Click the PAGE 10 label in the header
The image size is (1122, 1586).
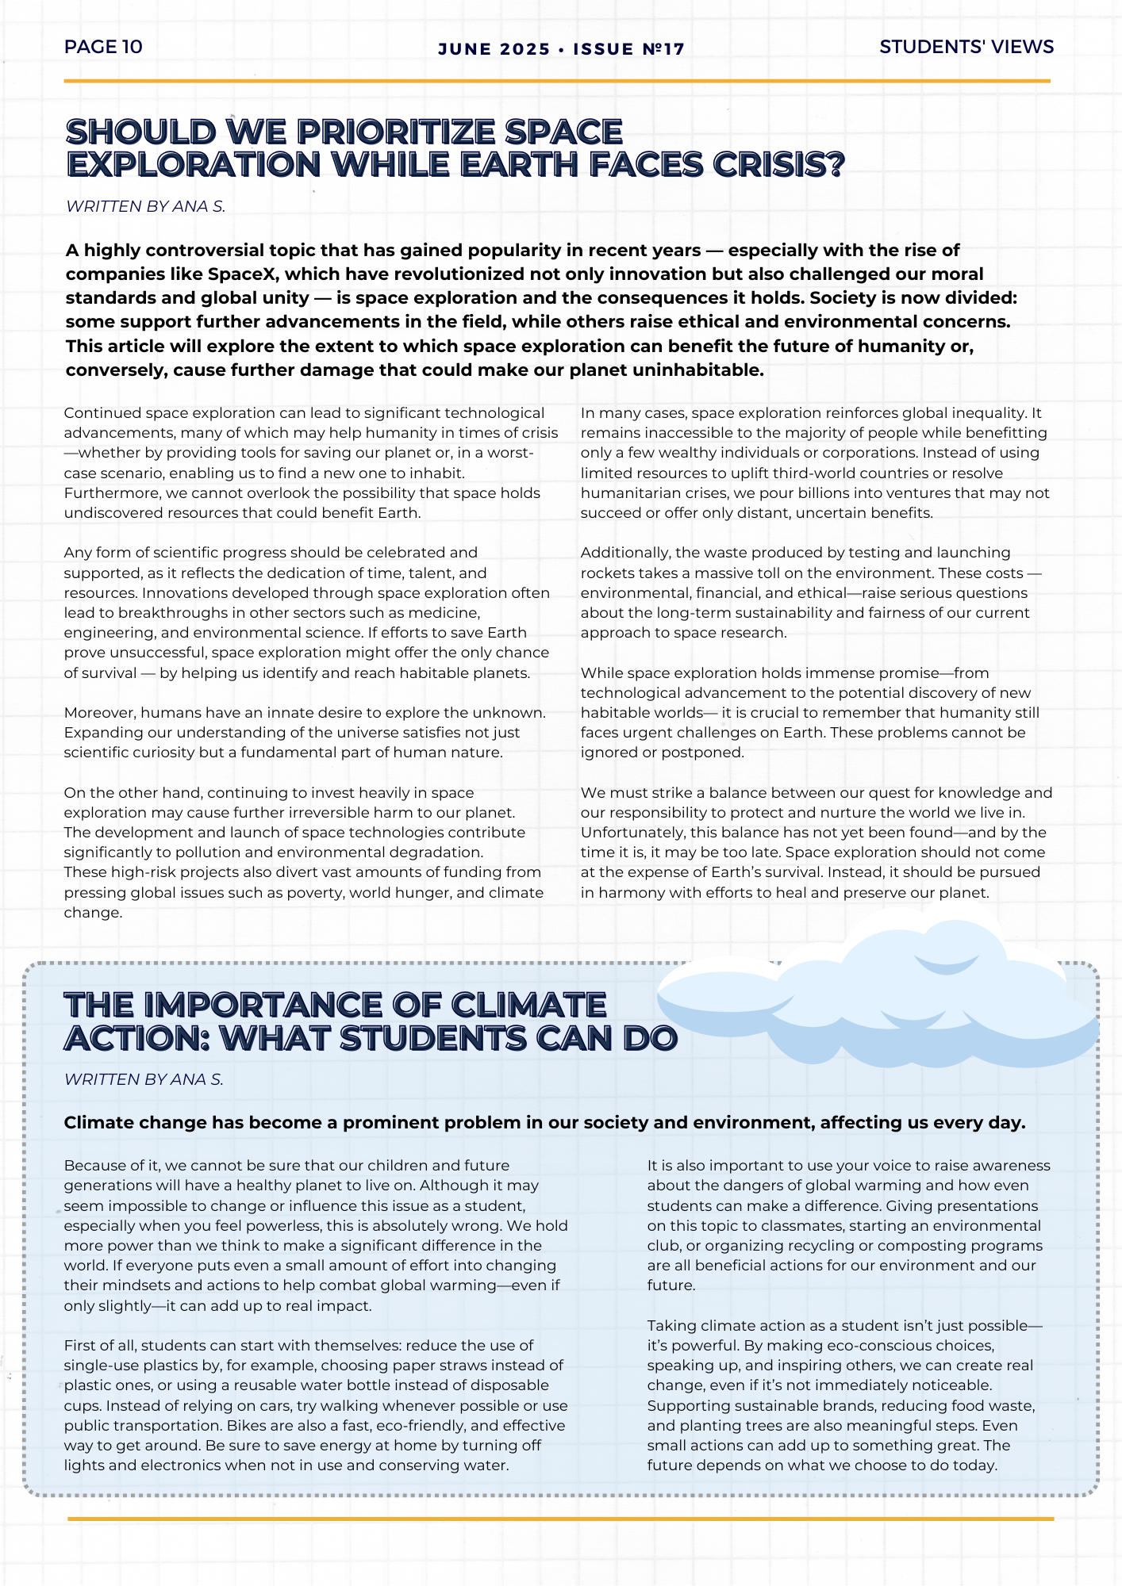pyautogui.click(x=103, y=47)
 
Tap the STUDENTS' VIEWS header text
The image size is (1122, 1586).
pyautogui.click(x=966, y=47)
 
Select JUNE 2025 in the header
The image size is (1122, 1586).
pyautogui.click(x=494, y=49)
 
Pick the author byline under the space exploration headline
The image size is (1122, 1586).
pyautogui.click(x=145, y=206)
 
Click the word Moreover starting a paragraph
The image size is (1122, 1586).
pyautogui.click(x=98, y=713)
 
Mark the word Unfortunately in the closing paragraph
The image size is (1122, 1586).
pyautogui.click(x=632, y=833)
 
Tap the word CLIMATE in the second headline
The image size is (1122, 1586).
pyautogui.click(x=528, y=1006)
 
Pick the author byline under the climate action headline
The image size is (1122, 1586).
pyautogui.click(x=144, y=1079)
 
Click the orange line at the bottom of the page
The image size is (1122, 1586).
pyautogui.click(x=560, y=1519)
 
